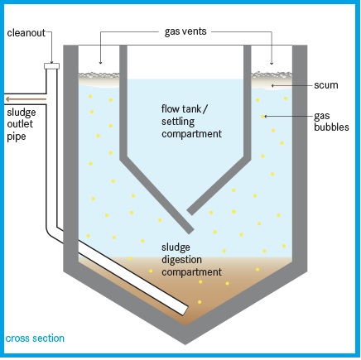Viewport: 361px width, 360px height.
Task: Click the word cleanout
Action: coord(26,32)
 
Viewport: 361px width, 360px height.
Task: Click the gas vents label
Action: coord(185,31)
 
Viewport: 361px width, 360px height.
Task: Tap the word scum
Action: coord(326,85)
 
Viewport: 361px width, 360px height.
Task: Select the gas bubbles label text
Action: coord(331,122)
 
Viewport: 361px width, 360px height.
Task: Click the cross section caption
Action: coord(35,338)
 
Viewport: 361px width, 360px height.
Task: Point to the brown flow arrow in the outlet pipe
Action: coord(26,99)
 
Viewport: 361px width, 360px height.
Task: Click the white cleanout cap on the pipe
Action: coord(51,66)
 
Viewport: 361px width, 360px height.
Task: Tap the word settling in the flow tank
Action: coord(178,122)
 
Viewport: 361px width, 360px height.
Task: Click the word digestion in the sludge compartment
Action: coord(181,260)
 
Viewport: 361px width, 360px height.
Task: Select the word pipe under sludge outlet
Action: coord(17,137)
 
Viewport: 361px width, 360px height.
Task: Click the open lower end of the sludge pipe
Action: coord(185,310)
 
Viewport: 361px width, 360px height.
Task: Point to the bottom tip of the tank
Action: coord(185,344)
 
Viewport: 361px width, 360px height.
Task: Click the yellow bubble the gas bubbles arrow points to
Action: coord(262,117)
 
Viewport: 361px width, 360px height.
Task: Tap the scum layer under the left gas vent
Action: coord(99,79)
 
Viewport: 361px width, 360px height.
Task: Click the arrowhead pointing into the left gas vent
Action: coord(100,63)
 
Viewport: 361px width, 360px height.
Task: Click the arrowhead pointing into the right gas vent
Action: coord(272,63)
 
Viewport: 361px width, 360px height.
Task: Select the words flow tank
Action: coord(181,108)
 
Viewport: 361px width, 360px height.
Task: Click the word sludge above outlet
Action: coord(22,113)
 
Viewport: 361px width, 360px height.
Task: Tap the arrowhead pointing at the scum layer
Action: coord(272,85)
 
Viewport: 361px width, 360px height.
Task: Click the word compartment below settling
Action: coord(191,134)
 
